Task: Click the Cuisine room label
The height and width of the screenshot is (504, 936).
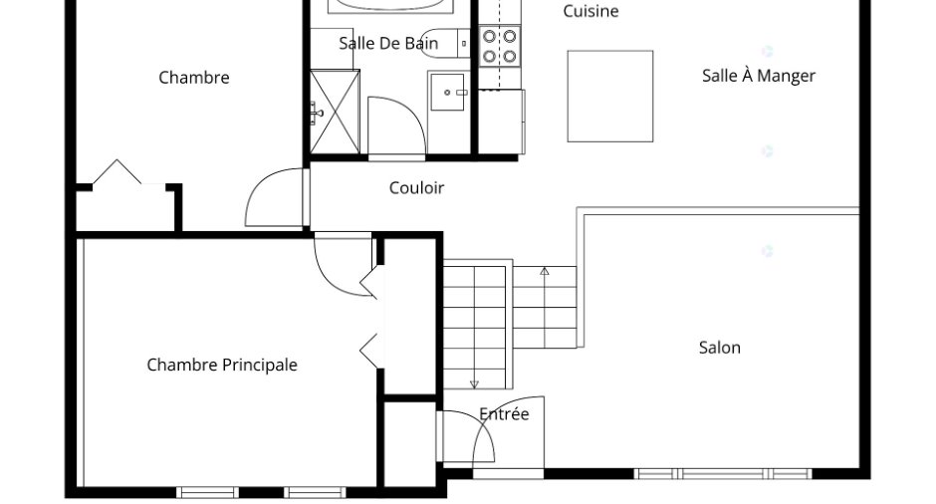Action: (590, 11)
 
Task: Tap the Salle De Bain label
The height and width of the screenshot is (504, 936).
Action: (388, 43)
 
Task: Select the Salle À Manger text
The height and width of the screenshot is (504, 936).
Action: (758, 76)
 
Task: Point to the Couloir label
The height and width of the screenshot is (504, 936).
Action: (416, 188)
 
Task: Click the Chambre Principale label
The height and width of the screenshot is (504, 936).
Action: (222, 365)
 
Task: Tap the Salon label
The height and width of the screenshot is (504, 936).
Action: (719, 348)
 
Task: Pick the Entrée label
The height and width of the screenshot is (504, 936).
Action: (504, 413)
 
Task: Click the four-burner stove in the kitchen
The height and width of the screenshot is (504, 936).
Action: (500, 46)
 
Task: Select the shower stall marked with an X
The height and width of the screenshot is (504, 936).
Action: (335, 112)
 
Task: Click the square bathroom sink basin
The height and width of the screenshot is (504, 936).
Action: (448, 92)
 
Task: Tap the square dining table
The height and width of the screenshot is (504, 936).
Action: (610, 97)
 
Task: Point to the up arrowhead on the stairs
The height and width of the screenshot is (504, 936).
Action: (545, 271)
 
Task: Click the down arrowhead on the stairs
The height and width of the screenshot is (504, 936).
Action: (475, 384)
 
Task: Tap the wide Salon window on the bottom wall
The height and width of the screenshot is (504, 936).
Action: (722, 474)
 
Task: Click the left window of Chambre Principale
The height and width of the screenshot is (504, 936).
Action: (208, 493)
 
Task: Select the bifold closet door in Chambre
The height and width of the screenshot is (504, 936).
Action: (117, 171)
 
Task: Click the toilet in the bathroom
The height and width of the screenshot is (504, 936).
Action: (445, 43)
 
